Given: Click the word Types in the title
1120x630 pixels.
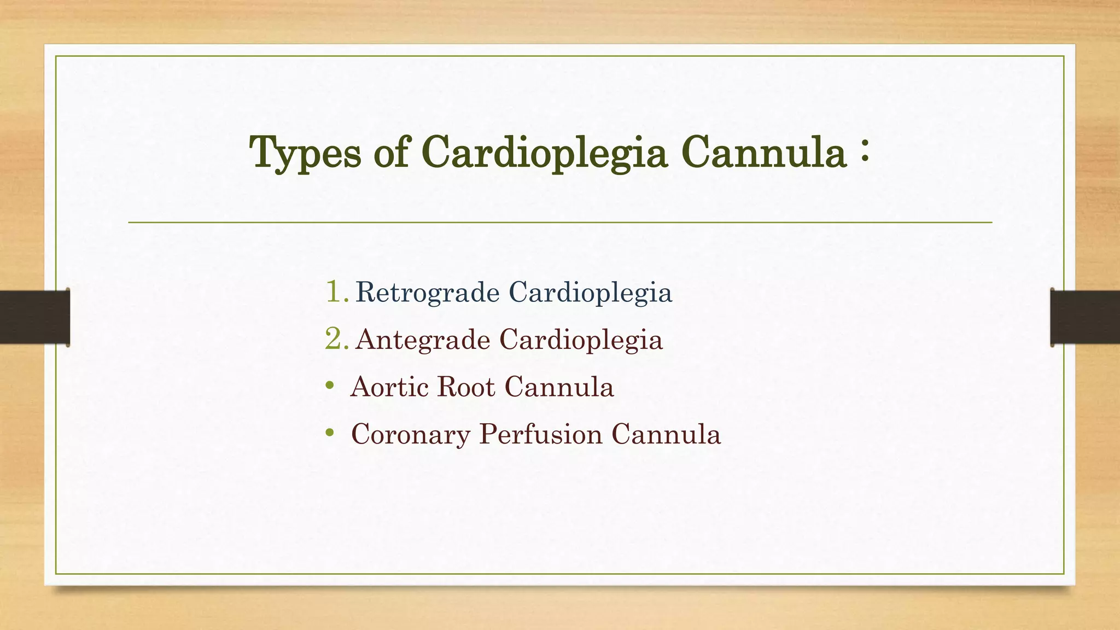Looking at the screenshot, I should click(x=305, y=153).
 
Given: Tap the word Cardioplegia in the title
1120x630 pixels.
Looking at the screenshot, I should click(x=544, y=153).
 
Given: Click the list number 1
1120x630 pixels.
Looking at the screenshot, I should click(x=336, y=291).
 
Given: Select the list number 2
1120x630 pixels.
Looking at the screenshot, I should click(x=336, y=339).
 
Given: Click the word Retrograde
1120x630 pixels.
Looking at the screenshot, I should click(x=427, y=293).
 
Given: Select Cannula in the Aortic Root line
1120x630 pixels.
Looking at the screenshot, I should click(x=559, y=387).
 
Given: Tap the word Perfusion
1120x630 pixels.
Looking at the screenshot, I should click(x=540, y=435).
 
